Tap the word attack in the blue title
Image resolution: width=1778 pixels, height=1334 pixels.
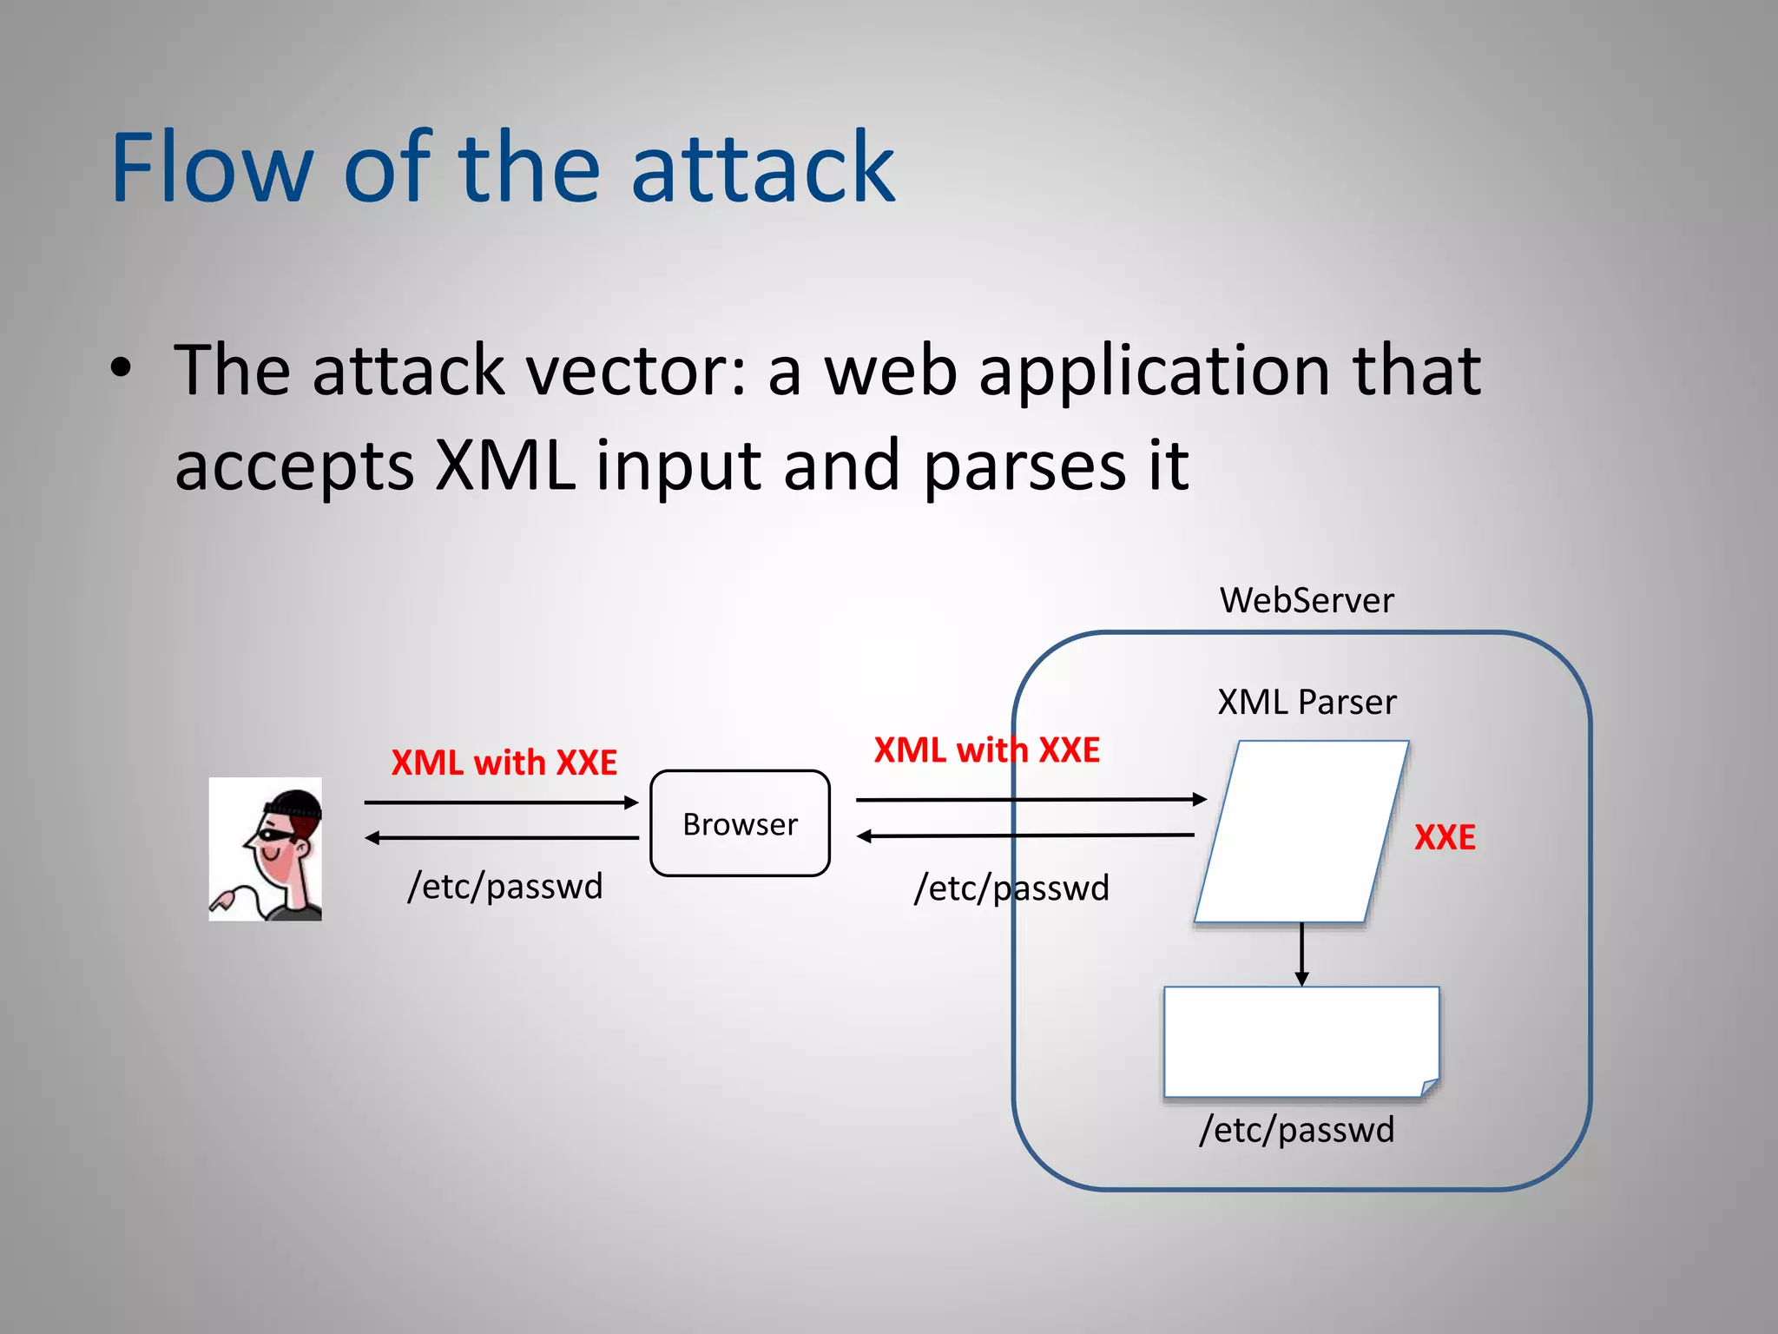(762, 167)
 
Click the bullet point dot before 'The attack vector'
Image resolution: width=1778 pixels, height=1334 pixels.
(122, 367)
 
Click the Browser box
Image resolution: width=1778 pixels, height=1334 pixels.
(740, 823)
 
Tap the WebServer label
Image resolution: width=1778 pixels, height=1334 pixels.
(1306, 600)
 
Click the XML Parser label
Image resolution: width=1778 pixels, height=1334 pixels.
(1306, 702)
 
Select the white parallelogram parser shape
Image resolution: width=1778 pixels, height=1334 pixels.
(1301, 831)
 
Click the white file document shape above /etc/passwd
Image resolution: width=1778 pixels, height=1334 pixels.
(1301, 1041)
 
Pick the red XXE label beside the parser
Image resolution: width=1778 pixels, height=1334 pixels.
(1445, 837)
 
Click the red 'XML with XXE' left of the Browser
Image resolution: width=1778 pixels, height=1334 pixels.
(504, 763)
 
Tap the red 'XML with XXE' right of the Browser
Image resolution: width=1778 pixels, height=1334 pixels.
(986, 750)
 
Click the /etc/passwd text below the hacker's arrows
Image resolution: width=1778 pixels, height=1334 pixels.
(505, 886)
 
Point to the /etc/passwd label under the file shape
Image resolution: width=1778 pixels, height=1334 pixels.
(1297, 1129)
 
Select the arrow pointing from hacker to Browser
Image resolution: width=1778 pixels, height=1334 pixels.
(501, 802)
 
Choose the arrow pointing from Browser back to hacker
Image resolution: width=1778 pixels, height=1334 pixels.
(501, 838)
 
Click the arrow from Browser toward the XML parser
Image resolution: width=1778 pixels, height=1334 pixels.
(1031, 799)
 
